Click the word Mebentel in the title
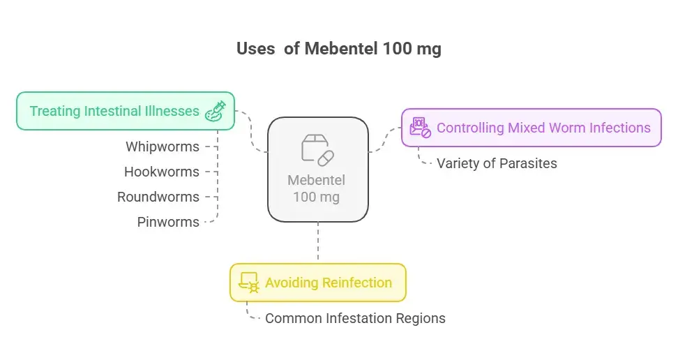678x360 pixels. point(341,49)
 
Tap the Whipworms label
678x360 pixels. point(162,147)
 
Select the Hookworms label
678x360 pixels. point(161,172)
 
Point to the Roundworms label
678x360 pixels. point(158,197)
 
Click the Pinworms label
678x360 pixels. point(168,222)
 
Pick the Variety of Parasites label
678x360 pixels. point(497,164)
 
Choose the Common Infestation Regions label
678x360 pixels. point(355,318)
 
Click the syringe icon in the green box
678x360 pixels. point(214,112)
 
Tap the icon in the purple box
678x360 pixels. point(420,128)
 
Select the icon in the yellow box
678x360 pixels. point(248,283)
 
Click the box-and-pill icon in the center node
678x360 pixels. point(317,150)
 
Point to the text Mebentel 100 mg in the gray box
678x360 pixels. point(317,188)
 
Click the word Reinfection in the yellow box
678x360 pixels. point(356,283)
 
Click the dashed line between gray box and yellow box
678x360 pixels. point(318,242)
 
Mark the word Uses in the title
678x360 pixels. point(255,49)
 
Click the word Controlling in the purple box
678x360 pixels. point(470,128)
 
